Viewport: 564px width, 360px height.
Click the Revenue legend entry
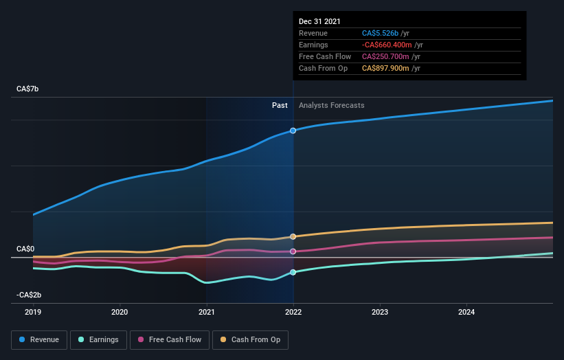pyautogui.click(x=39, y=339)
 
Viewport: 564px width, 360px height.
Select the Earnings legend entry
pyautogui.click(x=98, y=339)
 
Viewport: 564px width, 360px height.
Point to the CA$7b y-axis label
pyautogui.click(x=28, y=89)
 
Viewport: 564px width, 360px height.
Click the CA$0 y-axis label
pyautogui.click(x=26, y=249)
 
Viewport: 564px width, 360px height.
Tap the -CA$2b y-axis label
pyautogui.click(x=28, y=295)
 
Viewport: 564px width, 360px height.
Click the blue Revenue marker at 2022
pyautogui.click(x=293, y=131)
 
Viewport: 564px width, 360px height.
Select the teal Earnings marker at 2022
pyautogui.click(x=293, y=273)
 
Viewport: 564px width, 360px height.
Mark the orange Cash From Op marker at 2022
pyautogui.click(x=293, y=236)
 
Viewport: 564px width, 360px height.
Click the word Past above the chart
pyautogui.click(x=280, y=105)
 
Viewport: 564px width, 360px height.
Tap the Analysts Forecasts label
pyautogui.click(x=331, y=105)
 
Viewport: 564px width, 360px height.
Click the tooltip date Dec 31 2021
pyautogui.click(x=319, y=22)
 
